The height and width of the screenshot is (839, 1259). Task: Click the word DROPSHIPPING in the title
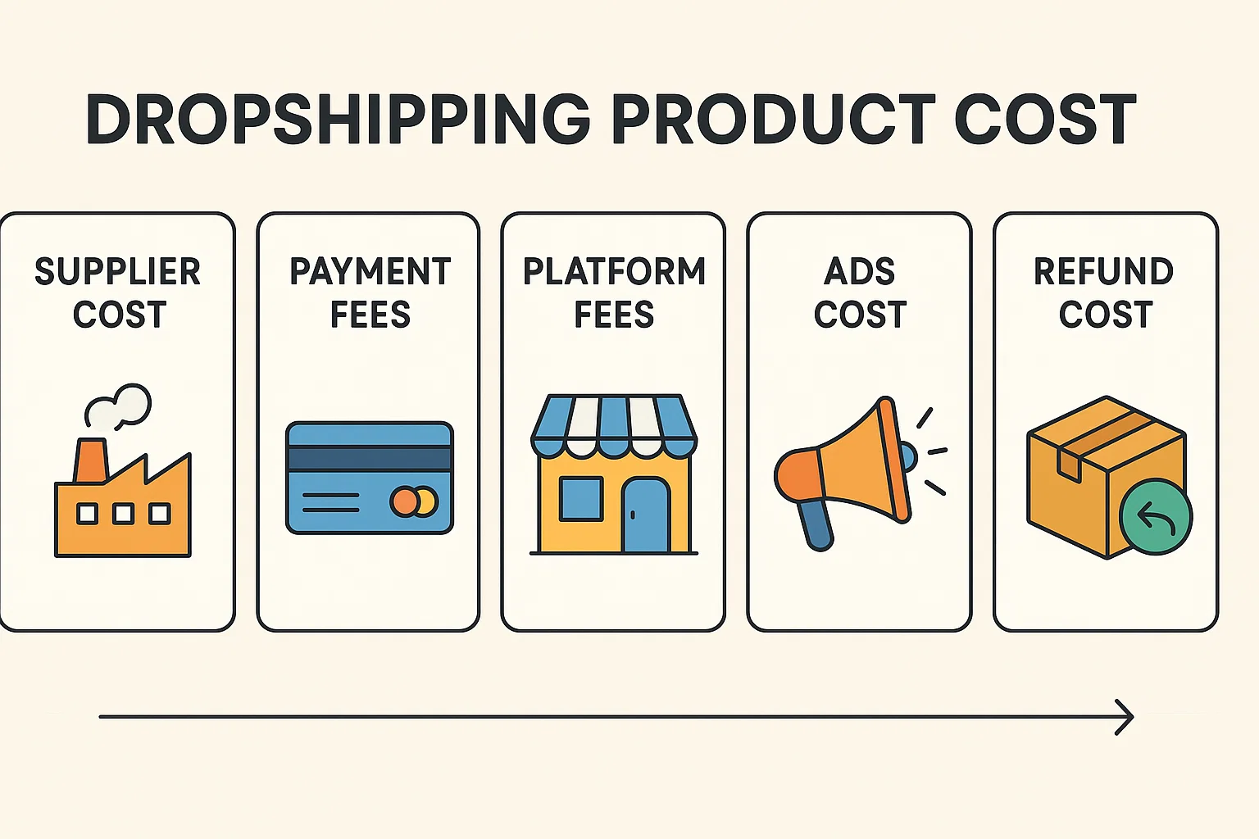click(x=338, y=120)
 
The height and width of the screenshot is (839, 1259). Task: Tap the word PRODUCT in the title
click(x=772, y=120)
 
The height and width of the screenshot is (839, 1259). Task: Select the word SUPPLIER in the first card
click(x=118, y=272)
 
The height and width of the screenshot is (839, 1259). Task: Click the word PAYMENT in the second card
click(x=370, y=272)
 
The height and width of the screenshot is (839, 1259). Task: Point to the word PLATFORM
click(x=614, y=272)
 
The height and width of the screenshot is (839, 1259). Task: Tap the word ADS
click(x=860, y=272)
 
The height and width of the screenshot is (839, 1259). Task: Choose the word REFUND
click(x=1104, y=272)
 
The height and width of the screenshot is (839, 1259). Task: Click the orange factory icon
click(x=123, y=512)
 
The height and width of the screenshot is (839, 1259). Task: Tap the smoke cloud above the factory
click(x=119, y=407)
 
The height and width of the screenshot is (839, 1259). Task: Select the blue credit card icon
click(x=369, y=478)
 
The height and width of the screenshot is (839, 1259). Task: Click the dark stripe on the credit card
click(x=369, y=458)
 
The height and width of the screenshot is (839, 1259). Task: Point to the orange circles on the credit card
click(x=414, y=501)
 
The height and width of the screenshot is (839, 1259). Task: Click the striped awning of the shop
click(x=614, y=426)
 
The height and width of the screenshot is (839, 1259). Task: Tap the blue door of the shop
click(x=646, y=516)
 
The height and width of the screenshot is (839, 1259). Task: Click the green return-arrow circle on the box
click(x=1156, y=517)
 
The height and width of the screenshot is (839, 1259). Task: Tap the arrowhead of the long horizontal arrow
click(x=1125, y=717)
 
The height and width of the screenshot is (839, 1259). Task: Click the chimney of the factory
click(x=90, y=460)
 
